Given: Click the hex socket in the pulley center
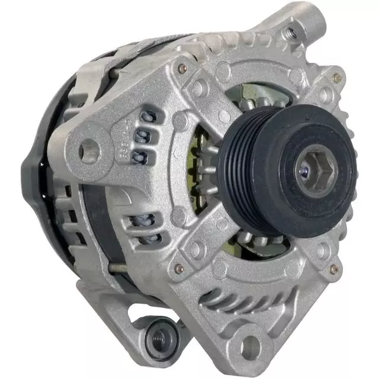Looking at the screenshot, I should [x=312, y=172].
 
